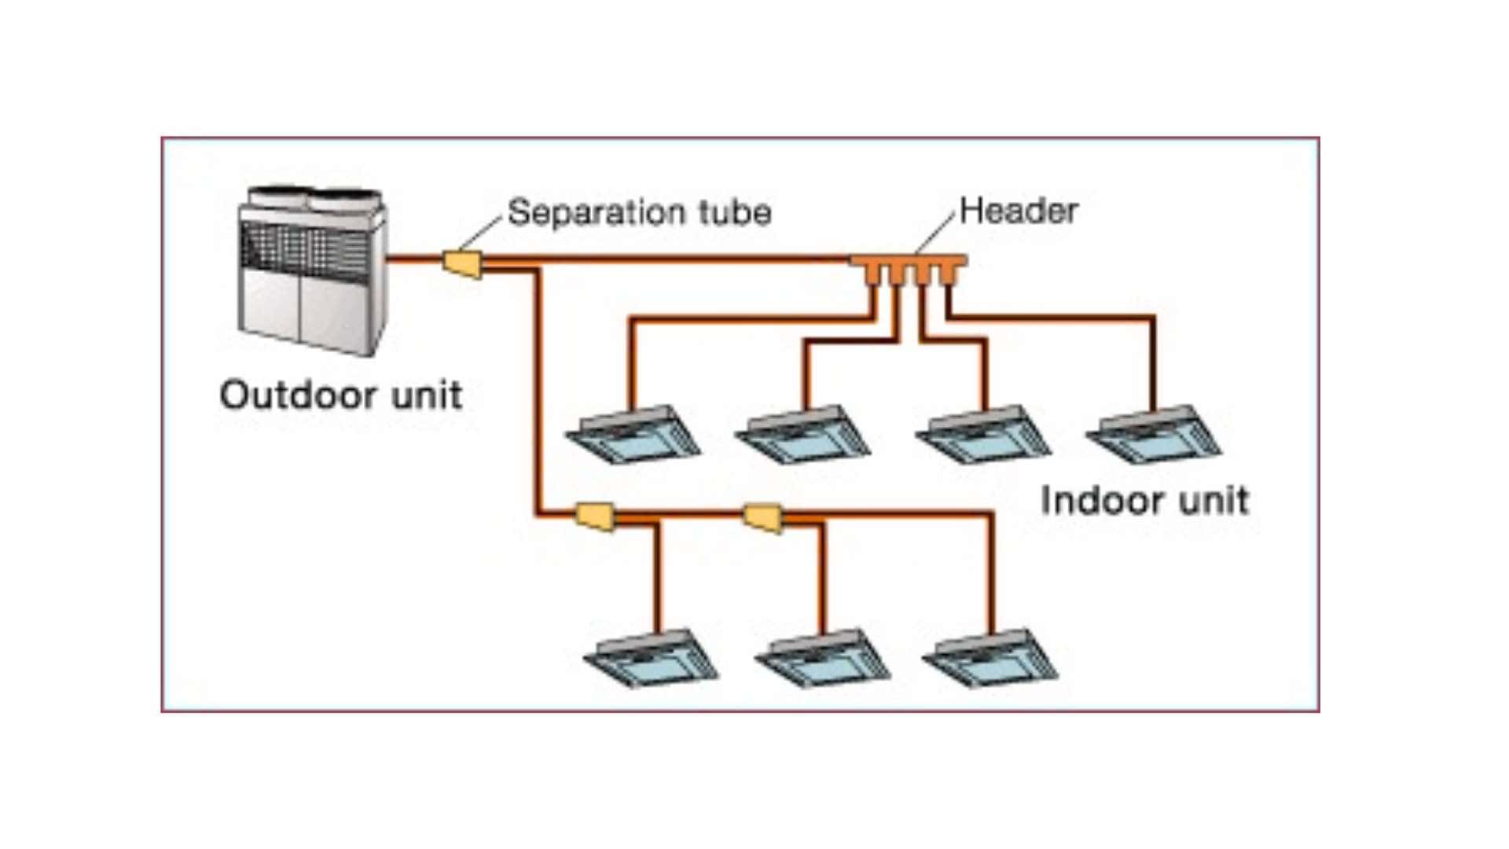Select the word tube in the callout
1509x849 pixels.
tap(736, 212)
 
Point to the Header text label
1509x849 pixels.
tap(1019, 211)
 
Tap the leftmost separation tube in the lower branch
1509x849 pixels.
tap(595, 516)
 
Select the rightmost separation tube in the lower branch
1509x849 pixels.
tap(763, 516)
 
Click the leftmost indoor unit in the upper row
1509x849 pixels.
tap(633, 436)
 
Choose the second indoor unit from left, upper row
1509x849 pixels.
tap(803, 436)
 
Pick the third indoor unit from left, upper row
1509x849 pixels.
tap(983, 436)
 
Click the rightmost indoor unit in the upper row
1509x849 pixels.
tap(1154, 436)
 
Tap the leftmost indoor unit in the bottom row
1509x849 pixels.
tap(652, 659)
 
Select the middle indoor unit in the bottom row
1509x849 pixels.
tap(823, 659)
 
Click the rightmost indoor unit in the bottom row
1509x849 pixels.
tap(990, 659)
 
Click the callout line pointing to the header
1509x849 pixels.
tap(936, 232)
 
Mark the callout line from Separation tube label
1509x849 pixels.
tap(479, 233)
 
